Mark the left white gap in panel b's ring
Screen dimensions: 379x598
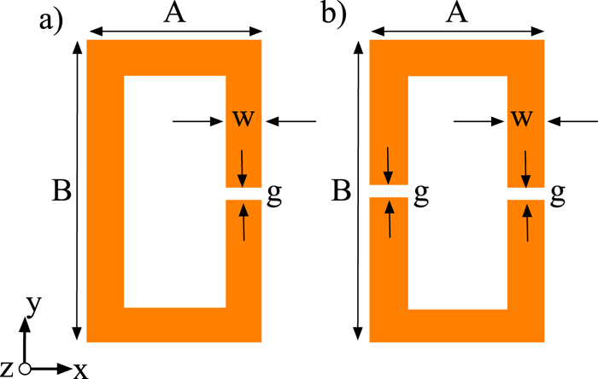point(389,191)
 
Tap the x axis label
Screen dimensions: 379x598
point(79,370)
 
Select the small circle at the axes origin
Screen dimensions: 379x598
point(25,368)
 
